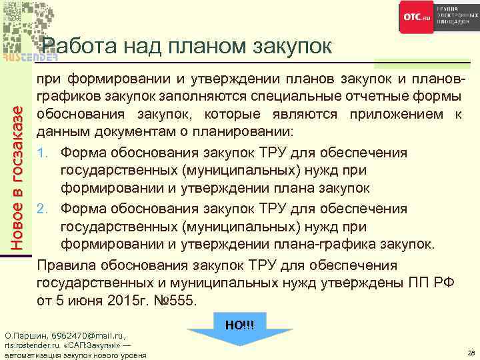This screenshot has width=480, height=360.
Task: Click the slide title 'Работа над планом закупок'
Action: pos(187,46)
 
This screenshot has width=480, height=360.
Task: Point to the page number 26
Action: pos(471,353)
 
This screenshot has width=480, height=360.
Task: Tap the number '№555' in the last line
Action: pos(171,300)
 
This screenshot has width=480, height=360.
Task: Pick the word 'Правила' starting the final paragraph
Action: pos(63,264)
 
